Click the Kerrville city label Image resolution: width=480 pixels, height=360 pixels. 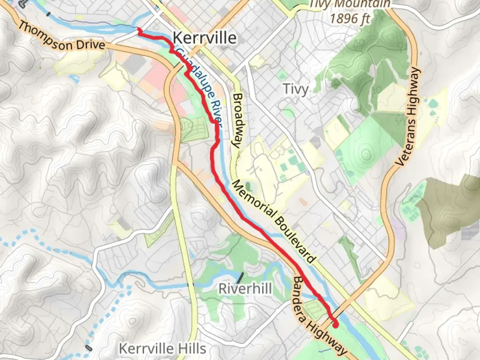[x=205, y=38]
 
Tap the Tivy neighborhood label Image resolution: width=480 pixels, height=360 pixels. [x=295, y=89]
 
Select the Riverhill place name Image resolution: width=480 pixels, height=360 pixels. [x=245, y=288]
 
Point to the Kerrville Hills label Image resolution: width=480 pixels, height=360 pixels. [x=163, y=349]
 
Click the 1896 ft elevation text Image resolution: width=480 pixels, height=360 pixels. [x=350, y=18]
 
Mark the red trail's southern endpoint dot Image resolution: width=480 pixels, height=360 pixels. [x=335, y=324]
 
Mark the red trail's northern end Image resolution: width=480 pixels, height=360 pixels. [x=139, y=30]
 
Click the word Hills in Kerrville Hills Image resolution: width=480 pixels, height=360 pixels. [x=192, y=349]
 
